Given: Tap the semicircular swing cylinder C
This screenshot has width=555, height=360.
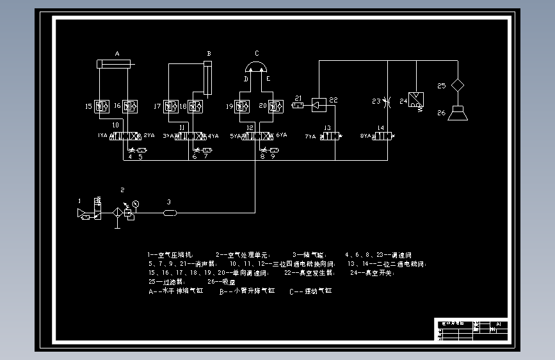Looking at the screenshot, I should click(x=257, y=67).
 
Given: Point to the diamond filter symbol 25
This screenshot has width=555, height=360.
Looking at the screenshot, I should click(x=458, y=85).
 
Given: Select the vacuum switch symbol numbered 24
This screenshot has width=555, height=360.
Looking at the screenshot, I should click(x=417, y=101).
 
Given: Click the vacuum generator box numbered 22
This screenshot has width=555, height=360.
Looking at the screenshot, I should click(x=319, y=104).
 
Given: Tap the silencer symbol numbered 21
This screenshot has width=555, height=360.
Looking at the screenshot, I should click(x=298, y=105).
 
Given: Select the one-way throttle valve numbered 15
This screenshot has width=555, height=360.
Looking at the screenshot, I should click(x=102, y=106).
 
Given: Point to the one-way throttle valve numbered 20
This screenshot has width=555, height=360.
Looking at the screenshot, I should click(x=276, y=106).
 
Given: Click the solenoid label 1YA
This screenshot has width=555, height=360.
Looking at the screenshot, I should click(x=102, y=136).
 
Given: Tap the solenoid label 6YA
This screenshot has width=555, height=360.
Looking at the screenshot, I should click(x=281, y=136).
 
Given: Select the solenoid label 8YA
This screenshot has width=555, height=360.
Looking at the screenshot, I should click(x=366, y=136).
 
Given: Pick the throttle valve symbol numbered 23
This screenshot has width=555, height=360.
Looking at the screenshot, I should click(x=384, y=101).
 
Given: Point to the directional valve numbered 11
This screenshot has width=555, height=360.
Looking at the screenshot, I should click(x=189, y=136).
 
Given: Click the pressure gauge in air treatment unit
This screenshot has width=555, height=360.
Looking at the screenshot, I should click(x=136, y=204).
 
